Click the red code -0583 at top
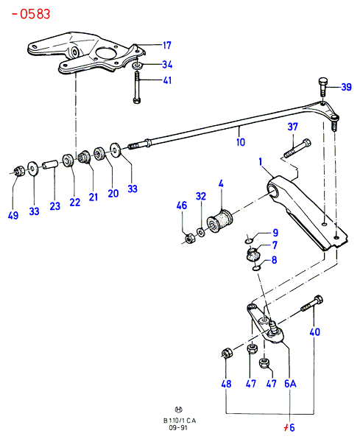point(31,14)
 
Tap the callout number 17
point(167,46)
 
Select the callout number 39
point(346,87)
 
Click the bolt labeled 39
point(322,87)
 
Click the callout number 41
point(167,80)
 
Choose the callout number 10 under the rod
point(241,142)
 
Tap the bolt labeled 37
point(297,149)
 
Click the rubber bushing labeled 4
point(220,220)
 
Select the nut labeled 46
point(190,238)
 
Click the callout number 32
point(201,196)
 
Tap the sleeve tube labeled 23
point(50,164)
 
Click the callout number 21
point(93,197)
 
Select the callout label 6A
point(290,384)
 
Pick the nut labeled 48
point(227,354)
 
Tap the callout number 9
point(275,233)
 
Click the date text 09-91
point(178,427)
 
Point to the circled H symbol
point(178,410)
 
